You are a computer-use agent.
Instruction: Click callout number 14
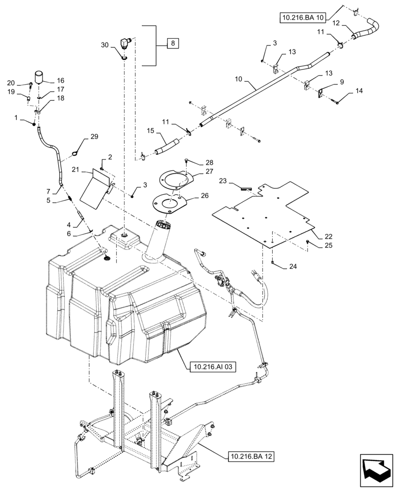coord(359,91)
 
